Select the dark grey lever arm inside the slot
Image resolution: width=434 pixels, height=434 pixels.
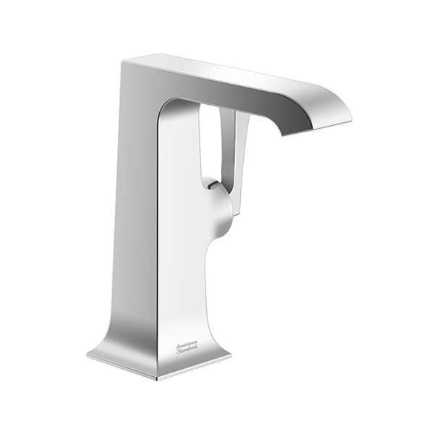click(227, 144)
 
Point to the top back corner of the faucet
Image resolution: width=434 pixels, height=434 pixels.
click(122, 62)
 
